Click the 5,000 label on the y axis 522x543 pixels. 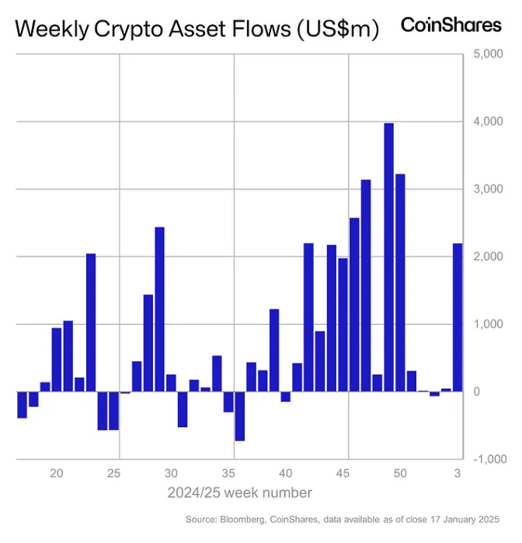(x=487, y=55)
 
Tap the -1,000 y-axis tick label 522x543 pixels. (x=487, y=459)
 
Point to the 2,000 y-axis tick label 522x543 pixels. (x=487, y=257)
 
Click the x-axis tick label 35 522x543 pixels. (x=228, y=473)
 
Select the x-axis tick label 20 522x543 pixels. (x=57, y=473)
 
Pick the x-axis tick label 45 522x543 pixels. (x=343, y=473)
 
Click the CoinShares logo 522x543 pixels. (x=451, y=25)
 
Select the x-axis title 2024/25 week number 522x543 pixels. (x=239, y=493)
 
